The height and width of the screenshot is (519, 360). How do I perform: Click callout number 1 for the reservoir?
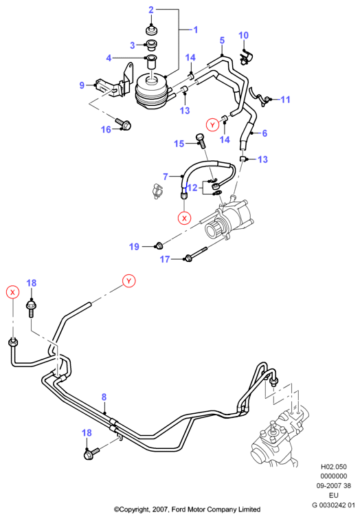[x=196, y=30]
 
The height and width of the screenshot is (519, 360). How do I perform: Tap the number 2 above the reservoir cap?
[x=151, y=10]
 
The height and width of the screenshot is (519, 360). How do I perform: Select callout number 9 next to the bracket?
[x=82, y=85]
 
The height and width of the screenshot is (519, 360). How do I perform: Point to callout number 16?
[x=106, y=129]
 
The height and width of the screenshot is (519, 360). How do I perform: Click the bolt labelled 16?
[x=124, y=124]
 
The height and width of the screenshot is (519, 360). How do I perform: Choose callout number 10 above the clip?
[x=243, y=35]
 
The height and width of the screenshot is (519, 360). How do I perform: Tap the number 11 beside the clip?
[x=285, y=99]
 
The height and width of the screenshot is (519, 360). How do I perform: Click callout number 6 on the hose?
[x=265, y=133]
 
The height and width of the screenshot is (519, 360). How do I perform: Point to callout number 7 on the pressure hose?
[x=166, y=177]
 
